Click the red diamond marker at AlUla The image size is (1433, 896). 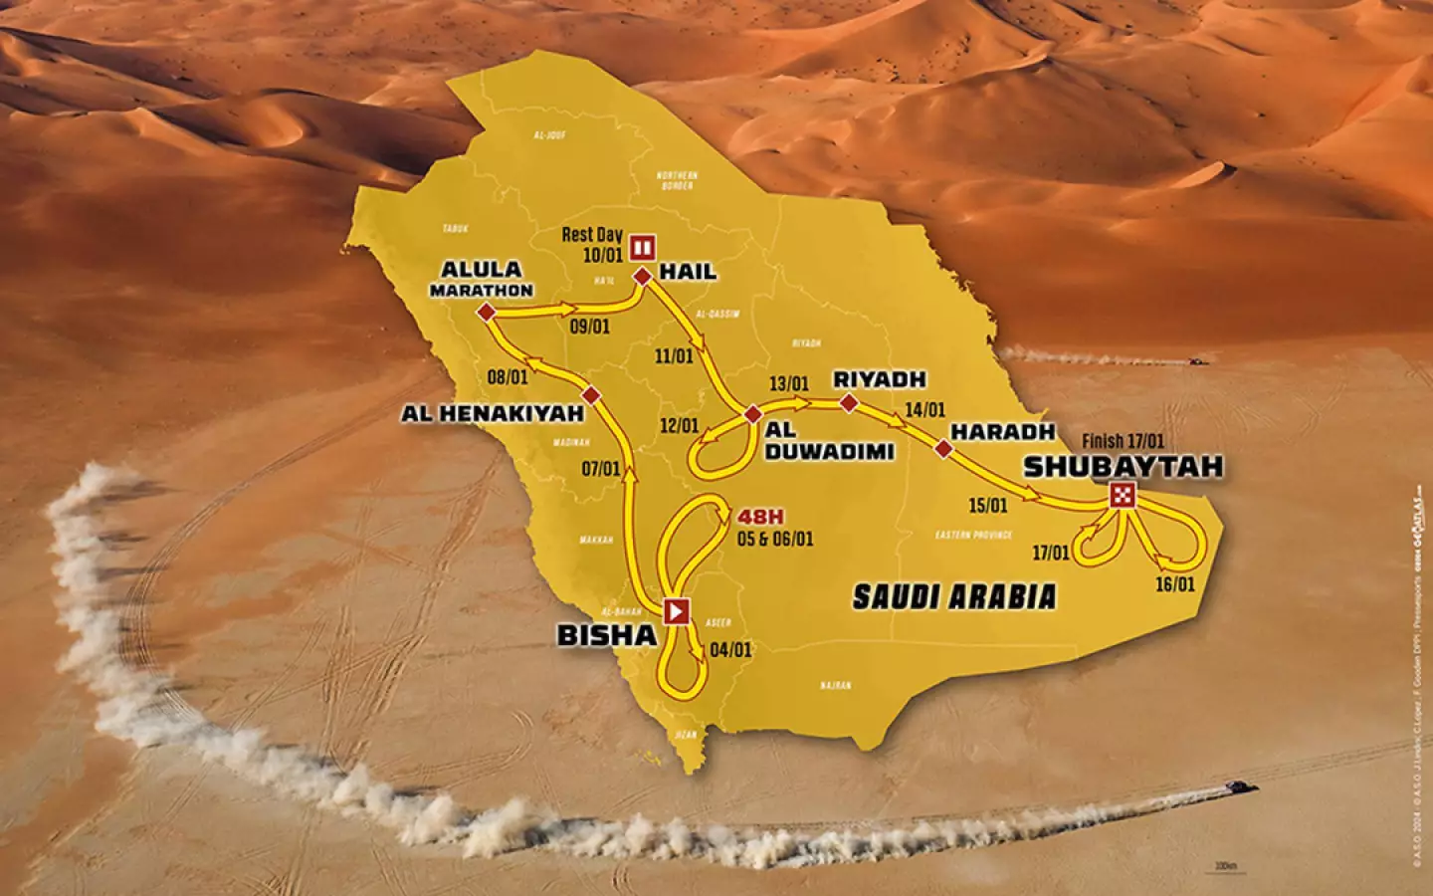[486, 314]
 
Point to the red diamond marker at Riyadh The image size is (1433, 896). [848, 403]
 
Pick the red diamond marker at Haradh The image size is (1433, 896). [943, 448]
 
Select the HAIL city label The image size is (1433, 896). [689, 272]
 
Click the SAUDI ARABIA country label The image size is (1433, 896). [953, 596]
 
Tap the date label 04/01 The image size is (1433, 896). [731, 650]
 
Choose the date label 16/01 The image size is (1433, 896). [1174, 584]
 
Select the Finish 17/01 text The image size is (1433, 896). [1123, 441]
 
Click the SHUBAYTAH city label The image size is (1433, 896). [1123, 466]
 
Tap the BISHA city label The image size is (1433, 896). [607, 634]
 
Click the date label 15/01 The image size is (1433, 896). [987, 506]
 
